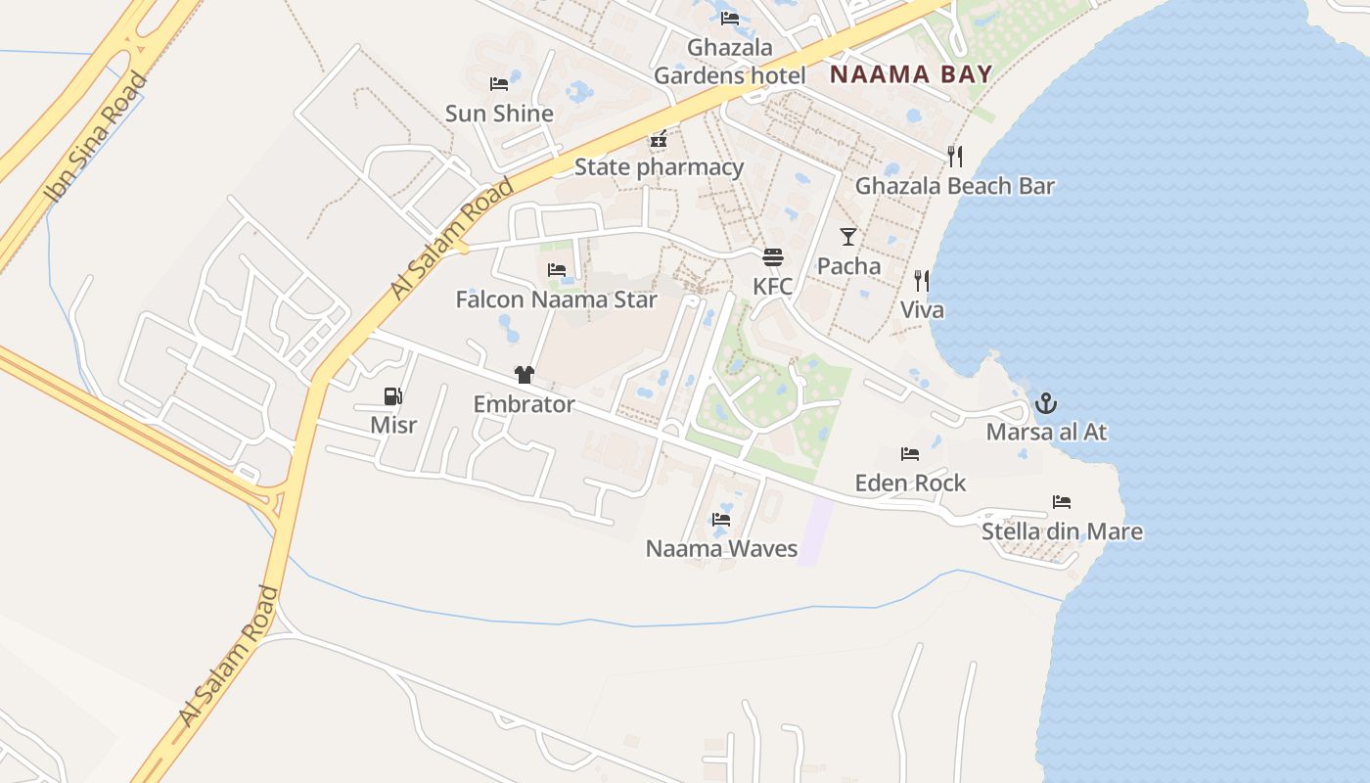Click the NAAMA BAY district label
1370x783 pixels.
coord(911,73)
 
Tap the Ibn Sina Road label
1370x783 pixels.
coord(96,137)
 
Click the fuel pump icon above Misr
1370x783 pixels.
coord(392,396)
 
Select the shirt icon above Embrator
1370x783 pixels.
coord(525,375)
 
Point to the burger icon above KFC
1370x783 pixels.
coord(773,257)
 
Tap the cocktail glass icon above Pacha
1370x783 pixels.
coord(848,237)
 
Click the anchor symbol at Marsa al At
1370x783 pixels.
coord(1046,403)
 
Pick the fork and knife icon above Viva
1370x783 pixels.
coord(921,282)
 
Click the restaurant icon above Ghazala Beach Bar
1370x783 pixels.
coord(955,157)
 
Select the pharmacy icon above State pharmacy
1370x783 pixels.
coord(659,139)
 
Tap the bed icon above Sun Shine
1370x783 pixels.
coord(499,84)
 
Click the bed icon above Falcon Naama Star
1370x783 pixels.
coord(557,270)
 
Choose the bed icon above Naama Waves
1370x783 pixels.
coord(721,520)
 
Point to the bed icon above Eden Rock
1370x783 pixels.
coord(910,454)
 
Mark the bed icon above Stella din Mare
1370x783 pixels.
coord(1062,503)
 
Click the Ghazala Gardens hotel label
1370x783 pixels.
coord(730,62)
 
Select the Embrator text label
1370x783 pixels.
coord(524,404)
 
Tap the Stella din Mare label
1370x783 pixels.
coord(1062,532)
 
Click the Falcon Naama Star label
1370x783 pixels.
coord(556,299)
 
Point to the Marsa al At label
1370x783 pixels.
coord(1046,432)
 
